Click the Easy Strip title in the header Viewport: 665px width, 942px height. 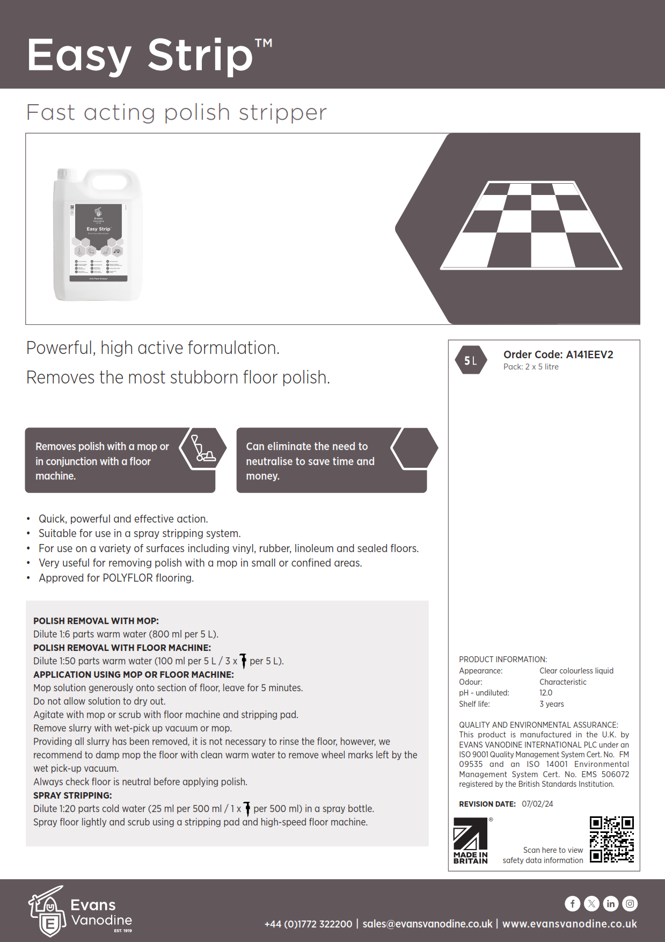[141, 55]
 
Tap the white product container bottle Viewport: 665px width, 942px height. [98, 235]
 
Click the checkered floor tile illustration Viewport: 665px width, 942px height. [531, 226]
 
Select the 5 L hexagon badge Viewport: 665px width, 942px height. [471, 360]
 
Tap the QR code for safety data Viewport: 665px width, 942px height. [611, 839]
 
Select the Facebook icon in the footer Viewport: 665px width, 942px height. [572, 904]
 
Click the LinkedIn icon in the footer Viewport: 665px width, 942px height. [611, 904]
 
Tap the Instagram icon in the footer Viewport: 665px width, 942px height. [630, 904]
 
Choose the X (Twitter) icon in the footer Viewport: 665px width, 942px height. [591, 904]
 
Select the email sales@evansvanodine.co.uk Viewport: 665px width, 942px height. [427, 924]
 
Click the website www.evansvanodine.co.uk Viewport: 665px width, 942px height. [569, 924]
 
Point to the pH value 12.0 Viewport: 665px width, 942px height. [546, 693]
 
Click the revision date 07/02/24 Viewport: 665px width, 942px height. [537, 804]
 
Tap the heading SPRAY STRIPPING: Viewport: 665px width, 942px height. [72, 795]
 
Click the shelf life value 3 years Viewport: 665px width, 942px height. [552, 704]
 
